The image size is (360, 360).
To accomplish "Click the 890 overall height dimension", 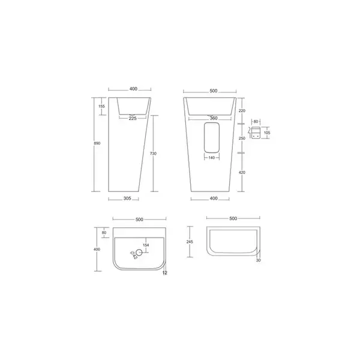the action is [97, 143].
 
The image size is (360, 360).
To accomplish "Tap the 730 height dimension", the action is [153, 154].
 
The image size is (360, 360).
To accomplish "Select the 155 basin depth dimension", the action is [101, 106].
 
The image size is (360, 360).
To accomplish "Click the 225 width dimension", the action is [133, 118].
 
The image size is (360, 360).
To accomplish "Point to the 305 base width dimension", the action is [127, 199].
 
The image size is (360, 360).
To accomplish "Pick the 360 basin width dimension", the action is [214, 118].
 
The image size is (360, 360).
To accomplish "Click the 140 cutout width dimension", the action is [212, 158].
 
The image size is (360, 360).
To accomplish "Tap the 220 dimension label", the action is [242, 110].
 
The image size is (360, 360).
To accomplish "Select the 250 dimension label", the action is [242, 138].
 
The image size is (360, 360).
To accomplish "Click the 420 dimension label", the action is [242, 172].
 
